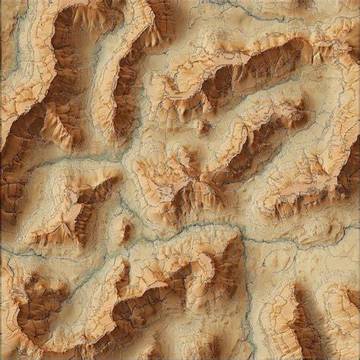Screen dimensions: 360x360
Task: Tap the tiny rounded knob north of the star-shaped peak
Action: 202,125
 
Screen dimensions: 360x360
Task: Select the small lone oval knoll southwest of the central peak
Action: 126,228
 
